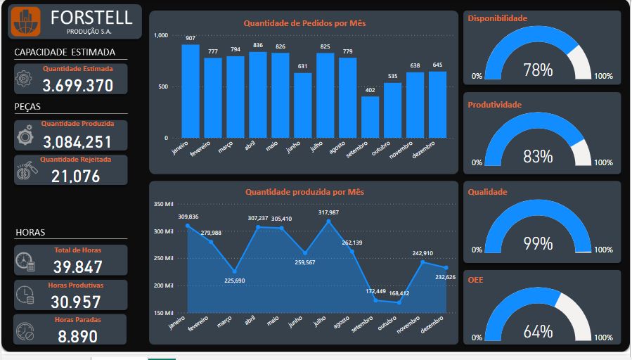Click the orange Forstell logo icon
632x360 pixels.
25,22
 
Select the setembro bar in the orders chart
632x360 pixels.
370,117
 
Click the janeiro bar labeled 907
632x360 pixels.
191,91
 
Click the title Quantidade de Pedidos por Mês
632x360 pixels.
304,23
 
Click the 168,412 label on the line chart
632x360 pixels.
399,294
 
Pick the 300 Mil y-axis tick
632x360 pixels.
163,231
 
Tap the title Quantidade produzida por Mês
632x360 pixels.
304,192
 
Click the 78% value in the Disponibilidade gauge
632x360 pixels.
538,70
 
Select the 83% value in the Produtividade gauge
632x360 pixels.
538,157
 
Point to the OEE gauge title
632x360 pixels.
475,280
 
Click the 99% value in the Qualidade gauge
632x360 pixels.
538,244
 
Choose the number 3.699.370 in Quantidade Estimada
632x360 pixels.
78,86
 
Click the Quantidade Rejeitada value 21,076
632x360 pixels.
76,176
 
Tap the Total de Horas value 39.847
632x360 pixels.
78,266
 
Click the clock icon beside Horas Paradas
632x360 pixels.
25,330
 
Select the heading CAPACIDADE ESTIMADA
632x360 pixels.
65,52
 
